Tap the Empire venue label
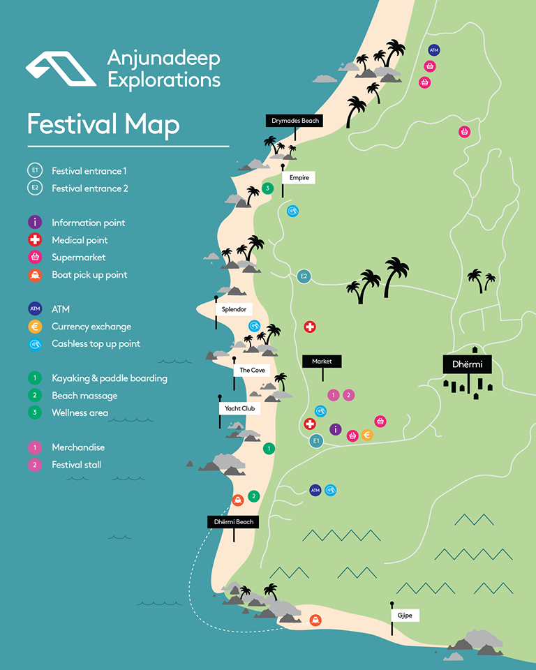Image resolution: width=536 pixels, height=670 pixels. pyautogui.click(x=298, y=178)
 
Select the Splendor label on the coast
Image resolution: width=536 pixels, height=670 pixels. pyautogui.click(x=234, y=309)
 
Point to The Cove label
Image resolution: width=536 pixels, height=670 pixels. pyautogui.click(x=252, y=370)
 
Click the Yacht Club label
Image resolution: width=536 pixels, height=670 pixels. pyautogui.click(x=238, y=408)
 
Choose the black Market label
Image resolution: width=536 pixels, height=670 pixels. pyautogui.click(x=322, y=362)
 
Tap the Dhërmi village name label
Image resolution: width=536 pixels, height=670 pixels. pyautogui.click(x=468, y=364)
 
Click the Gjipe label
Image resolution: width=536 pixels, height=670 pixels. pyautogui.click(x=405, y=616)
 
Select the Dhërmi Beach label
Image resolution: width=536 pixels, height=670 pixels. pyautogui.click(x=233, y=521)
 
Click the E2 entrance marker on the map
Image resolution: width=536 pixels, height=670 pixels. pyautogui.click(x=304, y=276)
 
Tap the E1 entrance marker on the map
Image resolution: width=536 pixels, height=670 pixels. pyautogui.click(x=316, y=440)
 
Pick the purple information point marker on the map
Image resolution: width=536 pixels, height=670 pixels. pyautogui.click(x=335, y=429)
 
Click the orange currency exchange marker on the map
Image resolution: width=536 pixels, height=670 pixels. pyautogui.click(x=367, y=435)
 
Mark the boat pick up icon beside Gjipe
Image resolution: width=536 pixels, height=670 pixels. pyautogui.click(x=315, y=619)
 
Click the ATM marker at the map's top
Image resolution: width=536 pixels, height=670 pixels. pyautogui.click(x=433, y=50)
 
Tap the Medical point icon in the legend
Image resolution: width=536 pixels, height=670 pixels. pyautogui.click(x=35, y=240)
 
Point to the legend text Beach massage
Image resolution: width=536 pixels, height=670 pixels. pyautogui.click(x=84, y=396)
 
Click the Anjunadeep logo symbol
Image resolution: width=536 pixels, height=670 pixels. pyautogui.click(x=61, y=68)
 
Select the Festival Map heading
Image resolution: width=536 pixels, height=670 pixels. pyautogui.click(x=103, y=124)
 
